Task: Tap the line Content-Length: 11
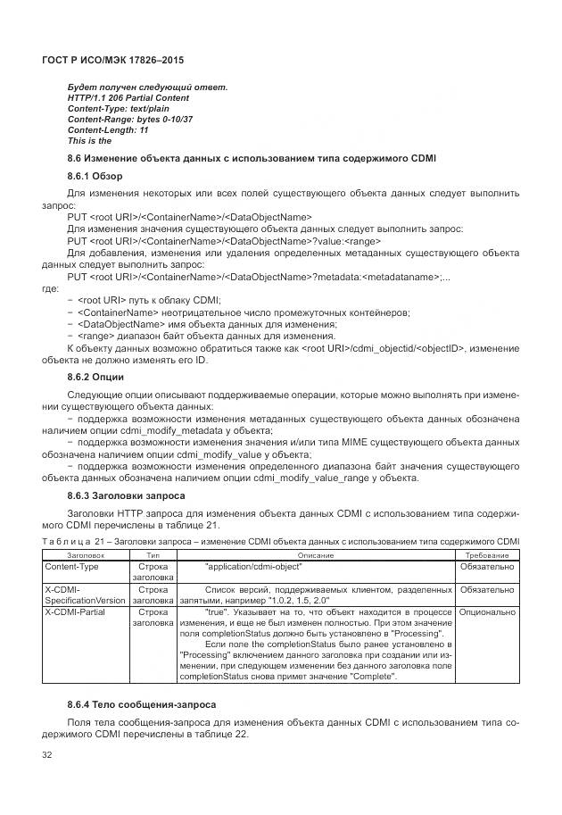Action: (x=108, y=129)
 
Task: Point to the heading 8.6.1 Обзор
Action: (x=95, y=176)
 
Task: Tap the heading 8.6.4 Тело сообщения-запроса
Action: (x=141, y=705)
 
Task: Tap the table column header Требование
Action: (x=487, y=554)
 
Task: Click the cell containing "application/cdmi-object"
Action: (x=253, y=566)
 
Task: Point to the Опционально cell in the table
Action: (x=487, y=612)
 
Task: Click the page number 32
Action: (x=48, y=756)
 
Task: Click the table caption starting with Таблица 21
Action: (x=280, y=541)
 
